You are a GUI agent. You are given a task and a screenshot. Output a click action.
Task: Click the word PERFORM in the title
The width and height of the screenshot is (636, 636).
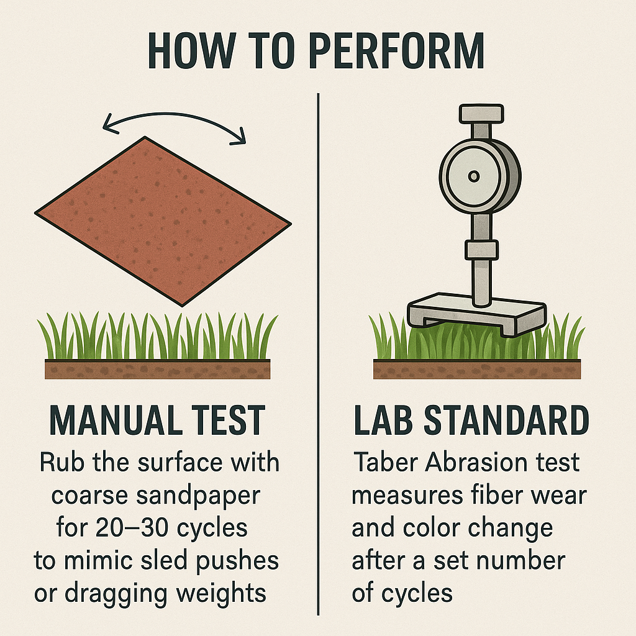point(397,51)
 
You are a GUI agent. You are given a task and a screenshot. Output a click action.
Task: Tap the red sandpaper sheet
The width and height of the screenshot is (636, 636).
point(163,221)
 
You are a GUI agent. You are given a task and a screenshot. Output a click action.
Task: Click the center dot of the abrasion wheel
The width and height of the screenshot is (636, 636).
point(474,176)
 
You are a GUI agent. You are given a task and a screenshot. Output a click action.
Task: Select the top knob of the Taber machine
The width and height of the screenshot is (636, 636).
point(481,114)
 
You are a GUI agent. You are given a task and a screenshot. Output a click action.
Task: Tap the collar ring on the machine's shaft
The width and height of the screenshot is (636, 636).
point(481,250)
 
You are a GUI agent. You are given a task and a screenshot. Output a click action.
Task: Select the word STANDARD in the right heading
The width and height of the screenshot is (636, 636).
point(506,420)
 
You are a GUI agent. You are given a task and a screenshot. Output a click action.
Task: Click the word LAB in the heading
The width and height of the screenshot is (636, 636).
point(383,420)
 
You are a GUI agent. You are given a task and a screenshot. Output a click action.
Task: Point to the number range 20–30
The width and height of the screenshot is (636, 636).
point(132,527)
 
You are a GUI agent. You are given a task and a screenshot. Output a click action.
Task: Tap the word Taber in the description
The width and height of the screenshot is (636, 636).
point(385,461)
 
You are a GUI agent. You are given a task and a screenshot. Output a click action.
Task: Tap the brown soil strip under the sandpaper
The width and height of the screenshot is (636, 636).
point(157,369)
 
